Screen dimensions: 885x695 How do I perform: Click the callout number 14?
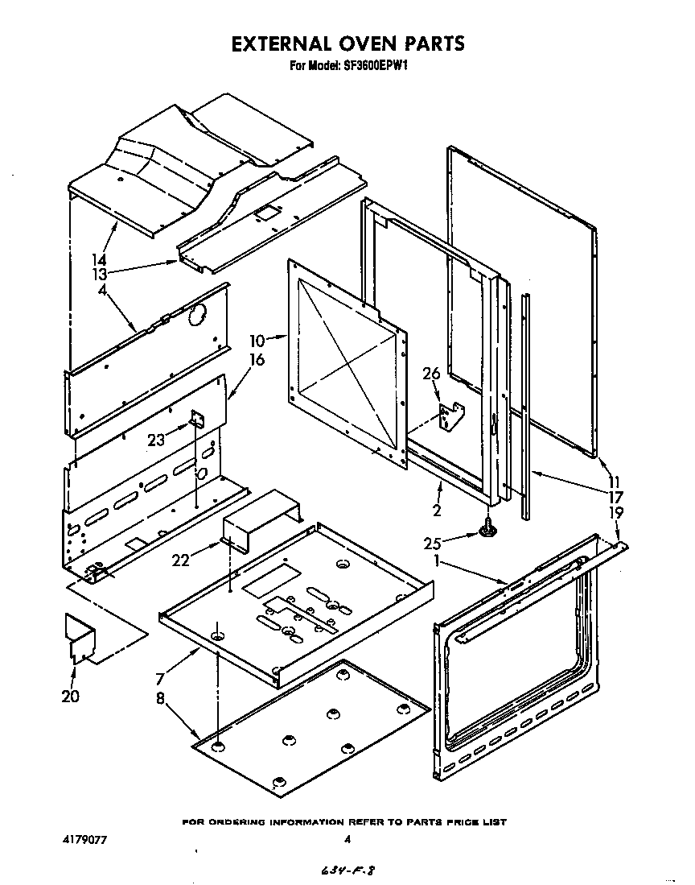(x=99, y=259)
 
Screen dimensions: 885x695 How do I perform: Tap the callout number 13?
(x=99, y=274)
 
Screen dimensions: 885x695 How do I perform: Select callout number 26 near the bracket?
(x=431, y=373)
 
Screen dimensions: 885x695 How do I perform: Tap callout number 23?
(x=158, y=440)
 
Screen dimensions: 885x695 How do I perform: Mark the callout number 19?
(x=615, y=512)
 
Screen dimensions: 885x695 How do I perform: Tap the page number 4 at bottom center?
(x=347, y=841)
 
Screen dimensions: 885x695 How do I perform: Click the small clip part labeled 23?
(x=196, y=420)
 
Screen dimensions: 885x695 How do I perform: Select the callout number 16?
(x=256, y=360)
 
